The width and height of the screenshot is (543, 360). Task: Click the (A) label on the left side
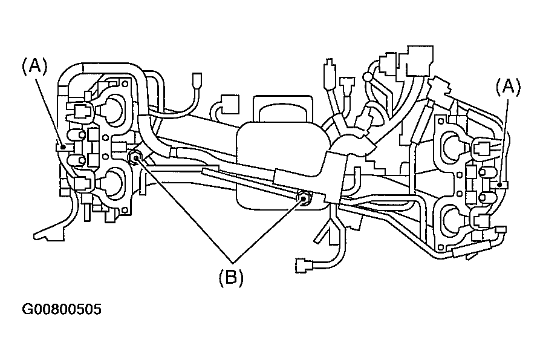pos(34,66)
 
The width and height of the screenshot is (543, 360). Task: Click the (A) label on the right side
pos(508,87)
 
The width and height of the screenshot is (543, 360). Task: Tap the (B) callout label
pos(231,278)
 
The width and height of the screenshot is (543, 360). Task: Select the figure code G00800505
pos(62,309)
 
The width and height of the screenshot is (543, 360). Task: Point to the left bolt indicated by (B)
pos(134,158)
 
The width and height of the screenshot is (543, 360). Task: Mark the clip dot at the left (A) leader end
pos(63,147)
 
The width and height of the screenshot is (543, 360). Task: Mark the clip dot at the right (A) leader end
pos(499,185)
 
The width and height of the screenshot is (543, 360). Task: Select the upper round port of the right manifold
pos(452,145)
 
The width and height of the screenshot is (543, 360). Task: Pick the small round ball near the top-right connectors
pos(368,77)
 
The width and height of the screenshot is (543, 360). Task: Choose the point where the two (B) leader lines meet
pos(233,262)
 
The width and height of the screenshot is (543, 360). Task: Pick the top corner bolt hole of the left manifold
pos(125,84)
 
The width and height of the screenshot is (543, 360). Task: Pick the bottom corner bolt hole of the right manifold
pos(441,247)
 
